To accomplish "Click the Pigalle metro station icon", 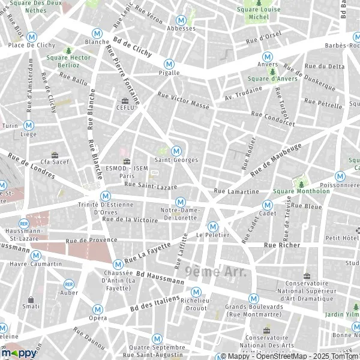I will tap(169, 63).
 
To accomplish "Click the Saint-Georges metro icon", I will tap(176, 151).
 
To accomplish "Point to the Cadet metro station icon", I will tap(268, 205).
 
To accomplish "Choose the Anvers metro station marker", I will tap(267, 55).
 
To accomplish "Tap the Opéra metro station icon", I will tap(97, 309).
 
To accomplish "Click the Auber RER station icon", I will tap(69, 284).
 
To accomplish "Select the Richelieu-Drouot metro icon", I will tap(195, 292).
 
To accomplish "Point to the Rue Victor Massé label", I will tap(183, 100).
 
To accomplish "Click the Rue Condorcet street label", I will tap(273, 118).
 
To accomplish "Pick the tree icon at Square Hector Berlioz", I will tap(68, 50).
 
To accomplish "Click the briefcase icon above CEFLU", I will tap(125, 101).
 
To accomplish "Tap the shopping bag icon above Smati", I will tap(31, 299).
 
